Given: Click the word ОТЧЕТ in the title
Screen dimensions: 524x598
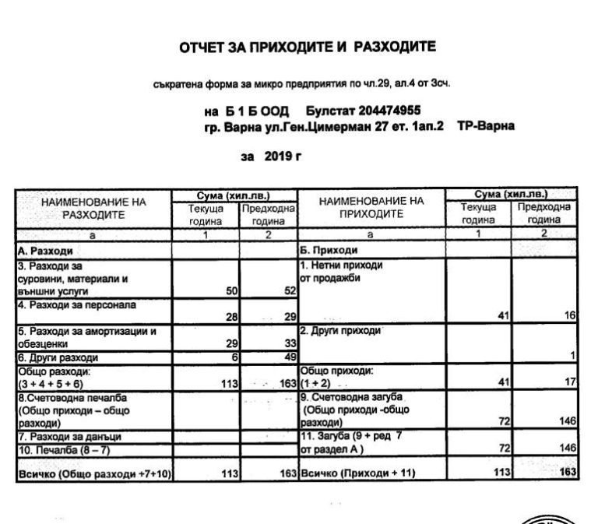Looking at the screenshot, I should [204, 47].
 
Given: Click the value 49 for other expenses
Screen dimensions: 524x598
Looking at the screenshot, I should [289, 357].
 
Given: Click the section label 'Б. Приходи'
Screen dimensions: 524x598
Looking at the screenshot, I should [329, 251].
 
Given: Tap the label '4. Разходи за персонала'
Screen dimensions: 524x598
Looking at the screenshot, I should [76, 304].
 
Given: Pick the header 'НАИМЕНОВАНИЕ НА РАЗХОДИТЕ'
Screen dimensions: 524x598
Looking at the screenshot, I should [93, 209].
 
